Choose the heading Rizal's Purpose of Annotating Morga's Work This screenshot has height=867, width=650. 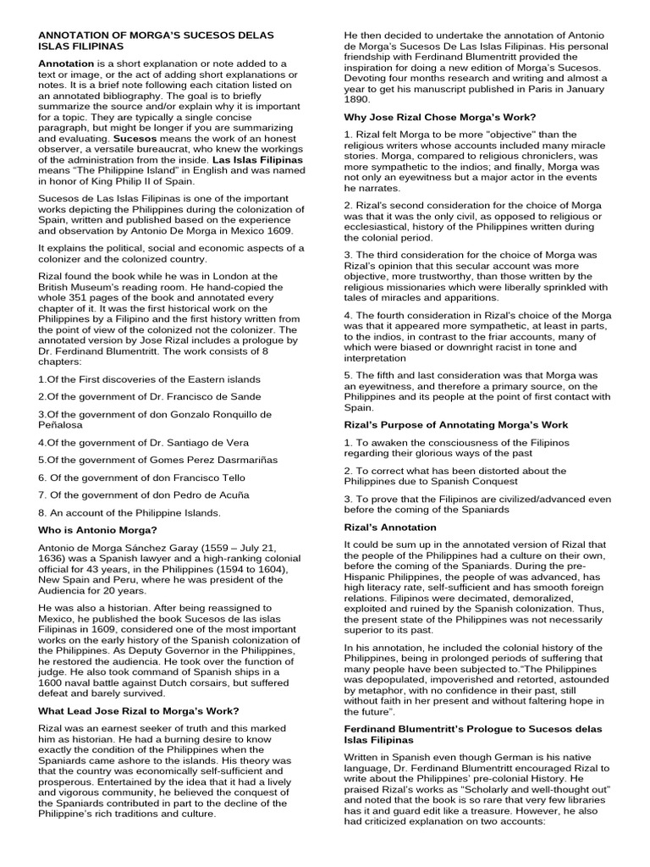(456, 424)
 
